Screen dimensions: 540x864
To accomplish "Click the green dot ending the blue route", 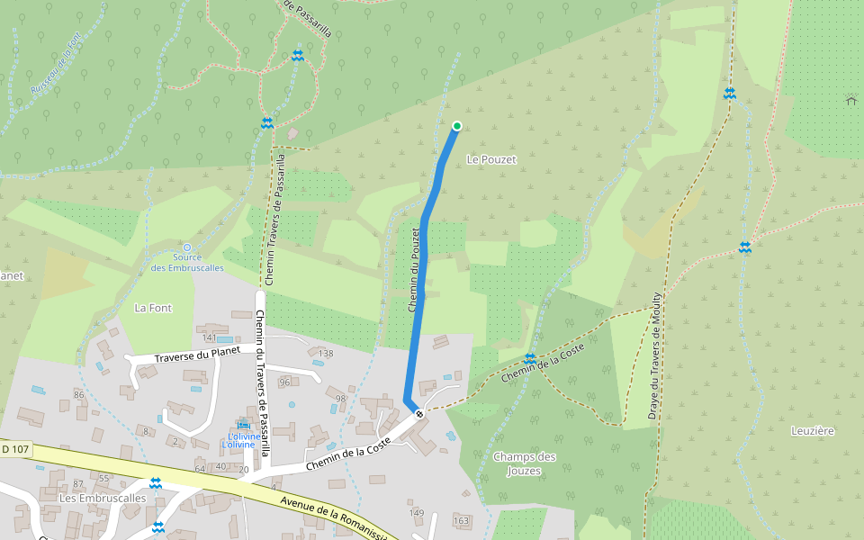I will coord(457,126).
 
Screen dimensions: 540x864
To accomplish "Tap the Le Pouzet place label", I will coord(491,159).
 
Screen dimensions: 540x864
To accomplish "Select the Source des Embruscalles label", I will coord(187,262).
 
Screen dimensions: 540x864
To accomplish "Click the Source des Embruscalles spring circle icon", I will coord(187,247).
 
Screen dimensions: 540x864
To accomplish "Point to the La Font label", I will coord(153,308).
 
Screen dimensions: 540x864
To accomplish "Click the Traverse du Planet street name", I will coord(197,355).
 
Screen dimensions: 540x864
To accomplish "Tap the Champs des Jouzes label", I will coord(525,463).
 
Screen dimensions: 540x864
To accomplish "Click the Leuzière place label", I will coord(813,431).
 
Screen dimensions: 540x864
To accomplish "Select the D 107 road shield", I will coord(15,448).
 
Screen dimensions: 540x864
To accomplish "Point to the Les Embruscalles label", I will coord(102,498).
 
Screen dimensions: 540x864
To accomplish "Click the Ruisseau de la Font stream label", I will coord(56,65).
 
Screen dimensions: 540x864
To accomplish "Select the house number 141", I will coord(210,337).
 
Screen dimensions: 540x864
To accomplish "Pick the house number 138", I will coord(326,354).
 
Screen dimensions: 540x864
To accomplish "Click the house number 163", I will coord(462,520).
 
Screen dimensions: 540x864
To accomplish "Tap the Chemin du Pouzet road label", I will coord(415,270).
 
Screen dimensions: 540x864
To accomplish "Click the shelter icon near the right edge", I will coord(851,100).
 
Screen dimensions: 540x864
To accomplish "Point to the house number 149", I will coord(416,513).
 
